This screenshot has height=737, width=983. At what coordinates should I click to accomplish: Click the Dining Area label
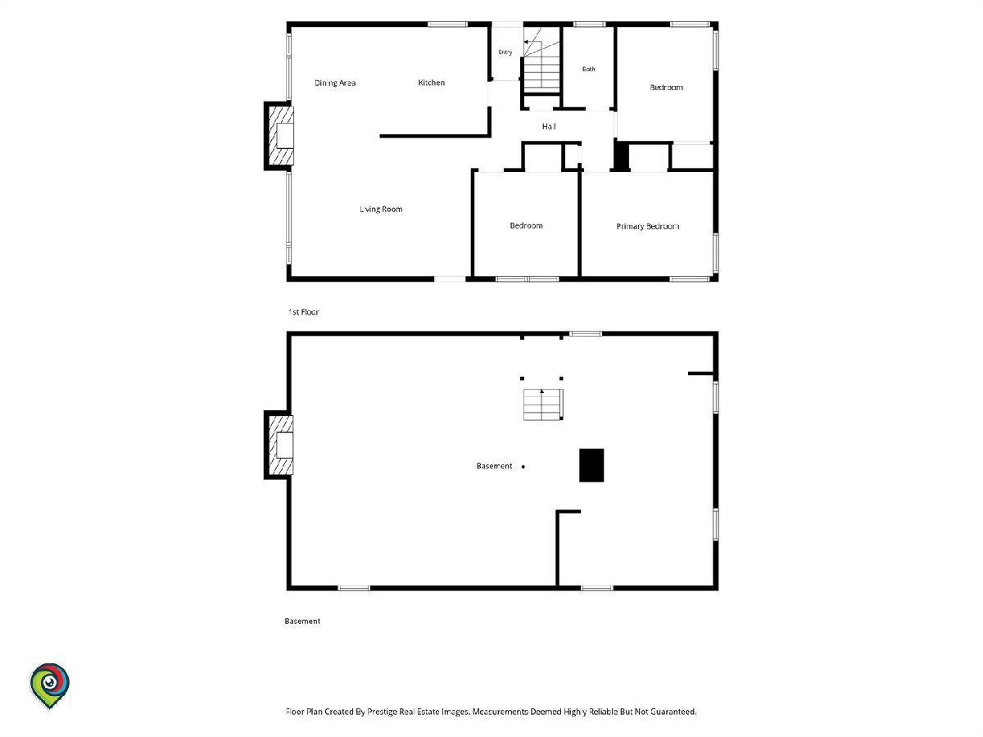335,83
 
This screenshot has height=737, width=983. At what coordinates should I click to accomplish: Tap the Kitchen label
431,83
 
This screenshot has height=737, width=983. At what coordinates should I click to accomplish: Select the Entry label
505,52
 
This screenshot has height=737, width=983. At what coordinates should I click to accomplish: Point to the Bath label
588,69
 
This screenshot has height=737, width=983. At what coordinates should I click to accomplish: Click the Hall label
549,127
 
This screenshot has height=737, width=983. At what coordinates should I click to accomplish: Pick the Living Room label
381,209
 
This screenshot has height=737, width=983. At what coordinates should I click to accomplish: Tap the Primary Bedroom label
648,227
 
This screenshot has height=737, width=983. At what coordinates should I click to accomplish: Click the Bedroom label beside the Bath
666,88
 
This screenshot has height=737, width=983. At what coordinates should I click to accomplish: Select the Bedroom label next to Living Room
526,225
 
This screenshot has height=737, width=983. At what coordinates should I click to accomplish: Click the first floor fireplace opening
285,136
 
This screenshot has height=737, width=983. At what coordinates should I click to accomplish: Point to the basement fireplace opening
285,445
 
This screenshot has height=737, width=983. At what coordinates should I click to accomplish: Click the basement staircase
543,405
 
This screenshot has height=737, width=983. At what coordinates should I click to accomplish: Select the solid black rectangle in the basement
591,465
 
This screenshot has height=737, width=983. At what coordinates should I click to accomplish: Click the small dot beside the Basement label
523,467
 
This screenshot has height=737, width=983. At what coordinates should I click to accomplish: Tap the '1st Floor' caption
304,312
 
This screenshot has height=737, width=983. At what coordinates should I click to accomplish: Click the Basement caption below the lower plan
302,621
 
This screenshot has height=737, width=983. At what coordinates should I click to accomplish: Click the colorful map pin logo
49,685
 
